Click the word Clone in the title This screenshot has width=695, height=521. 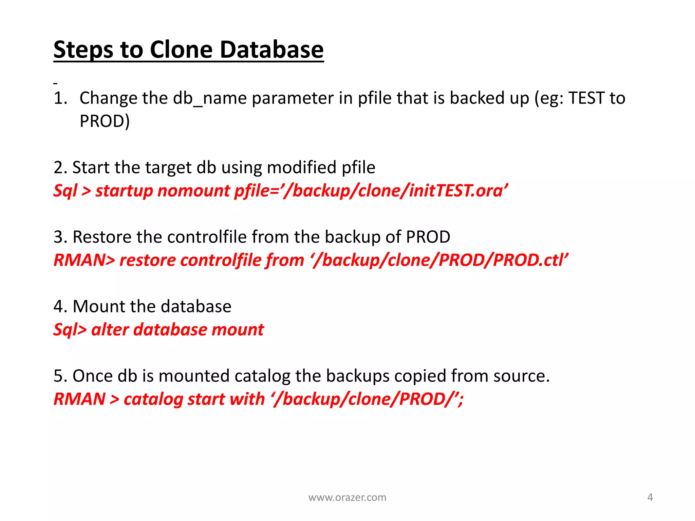point(182,50)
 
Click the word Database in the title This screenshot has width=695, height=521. point(271,50)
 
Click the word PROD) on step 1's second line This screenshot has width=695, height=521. point(105,121)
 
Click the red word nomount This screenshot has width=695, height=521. point(194,191)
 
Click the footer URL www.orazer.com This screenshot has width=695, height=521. point(347,498)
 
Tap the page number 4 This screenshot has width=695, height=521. point(650,497)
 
